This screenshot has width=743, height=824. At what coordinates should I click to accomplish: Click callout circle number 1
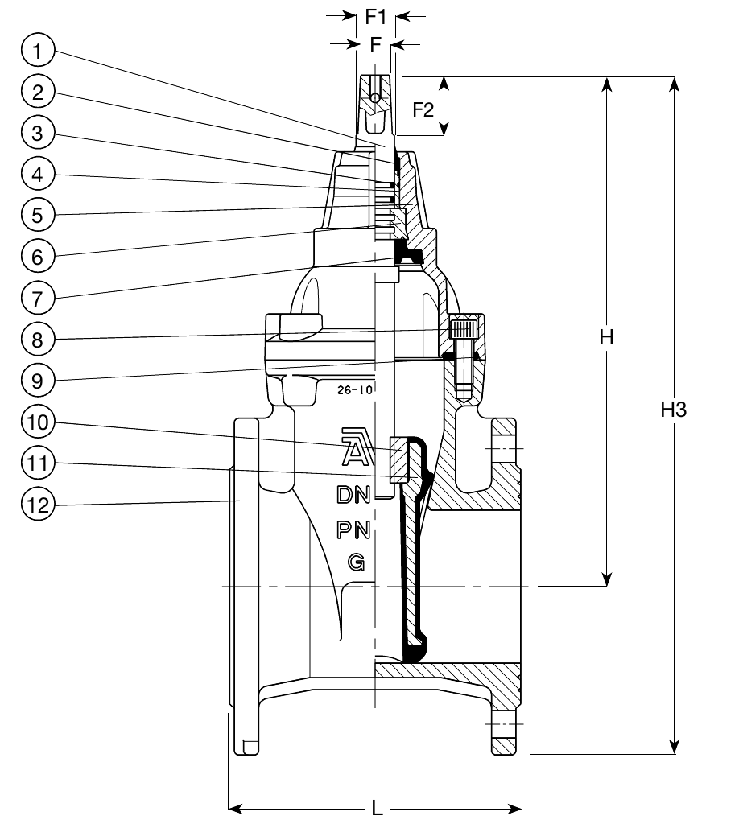coord(37,51)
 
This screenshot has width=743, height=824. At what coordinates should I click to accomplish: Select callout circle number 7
coord(37,297)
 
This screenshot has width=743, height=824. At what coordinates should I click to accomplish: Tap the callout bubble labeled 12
coord(37,505)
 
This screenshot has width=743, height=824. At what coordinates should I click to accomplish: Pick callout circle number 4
coord(37,174)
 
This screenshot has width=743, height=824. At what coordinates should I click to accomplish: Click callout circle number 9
coord(37,380)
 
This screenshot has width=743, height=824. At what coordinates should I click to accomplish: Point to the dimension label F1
coord(376,15)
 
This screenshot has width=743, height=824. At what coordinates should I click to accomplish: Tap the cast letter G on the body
coord(355,562)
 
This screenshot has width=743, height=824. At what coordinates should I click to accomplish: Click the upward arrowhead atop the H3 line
coord(675,83)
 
